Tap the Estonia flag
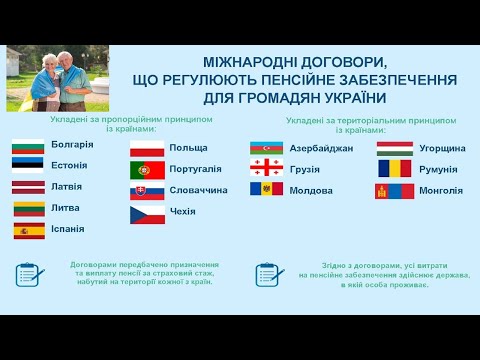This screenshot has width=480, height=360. [x=28, y=167]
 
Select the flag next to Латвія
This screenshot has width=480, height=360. [x=28, y=188]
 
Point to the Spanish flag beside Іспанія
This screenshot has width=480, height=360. [x=28, y=231]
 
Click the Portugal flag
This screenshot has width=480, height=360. [x=147, y=170]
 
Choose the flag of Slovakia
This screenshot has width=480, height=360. [x=147, y=191]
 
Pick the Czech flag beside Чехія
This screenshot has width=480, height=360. [x=147, y=213]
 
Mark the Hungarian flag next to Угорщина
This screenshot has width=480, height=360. [x=394, y=149]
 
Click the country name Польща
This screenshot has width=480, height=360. [x=189, y=148]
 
